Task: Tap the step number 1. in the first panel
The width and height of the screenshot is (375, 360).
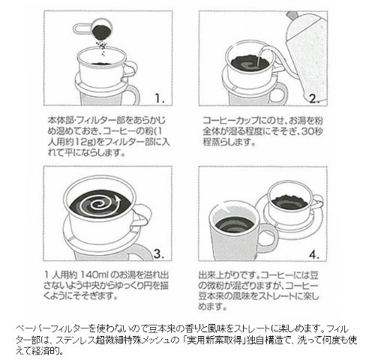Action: coord(160,98)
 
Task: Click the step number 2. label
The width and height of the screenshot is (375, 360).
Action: coord(314,99)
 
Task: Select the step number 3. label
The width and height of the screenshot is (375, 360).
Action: coord(159,253)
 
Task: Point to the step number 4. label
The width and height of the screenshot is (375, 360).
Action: coord(314,255)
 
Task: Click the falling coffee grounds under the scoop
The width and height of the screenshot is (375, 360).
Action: coord(101,47)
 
